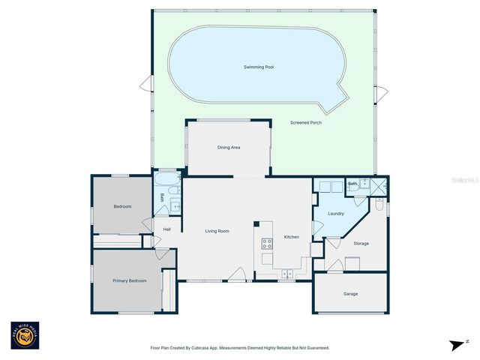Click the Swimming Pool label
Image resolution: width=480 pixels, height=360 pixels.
click(x=259, y=67)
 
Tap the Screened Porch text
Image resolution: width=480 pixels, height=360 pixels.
click(x=306, y=122)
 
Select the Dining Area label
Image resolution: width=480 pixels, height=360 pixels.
click(x=229, y=148)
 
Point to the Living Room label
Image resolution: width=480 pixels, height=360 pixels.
click(x=217, y=231)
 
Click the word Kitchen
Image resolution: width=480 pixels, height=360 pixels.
click(x=291, y=237)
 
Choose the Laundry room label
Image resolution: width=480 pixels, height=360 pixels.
click(x=336, y=214)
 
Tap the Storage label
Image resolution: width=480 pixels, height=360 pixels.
click(x=361, y=243)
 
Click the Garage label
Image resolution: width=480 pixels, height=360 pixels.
click(x=350, y=293)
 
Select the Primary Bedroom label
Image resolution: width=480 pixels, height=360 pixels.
click(x=129, y=280)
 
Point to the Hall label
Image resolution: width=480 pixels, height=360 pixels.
click(x=166, y=229)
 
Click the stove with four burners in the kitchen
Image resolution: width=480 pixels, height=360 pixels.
click(x=266, y=243)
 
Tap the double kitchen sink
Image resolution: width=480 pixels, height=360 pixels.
click(x=287, y=274)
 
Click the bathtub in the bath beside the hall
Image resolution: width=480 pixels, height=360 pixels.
click(x=168, y=181)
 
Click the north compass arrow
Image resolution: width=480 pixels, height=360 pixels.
click(x=455, y=345)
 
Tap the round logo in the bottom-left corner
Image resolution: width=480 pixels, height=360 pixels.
click(x=25, y=337)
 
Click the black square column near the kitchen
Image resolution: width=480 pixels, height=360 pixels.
click(x=256, y=223)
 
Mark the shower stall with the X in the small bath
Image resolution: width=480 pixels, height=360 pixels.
click(x=379, y=187)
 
